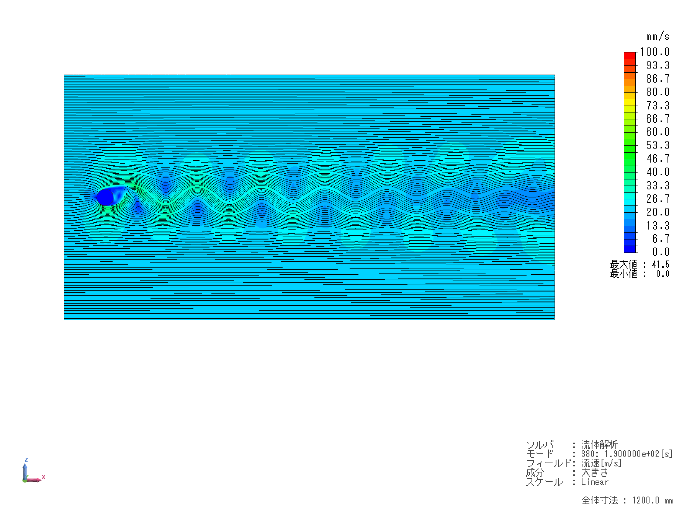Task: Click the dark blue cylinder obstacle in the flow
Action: [105, 197]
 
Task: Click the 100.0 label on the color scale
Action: [655, 52]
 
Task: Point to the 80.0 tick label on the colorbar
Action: [658, 92]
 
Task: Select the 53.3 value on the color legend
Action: [658, 145]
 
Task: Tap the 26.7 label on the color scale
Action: [658, 199]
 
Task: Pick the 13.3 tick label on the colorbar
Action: [658, 225]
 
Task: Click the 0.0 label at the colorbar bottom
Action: [661, 252]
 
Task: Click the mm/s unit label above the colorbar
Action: [658, 36]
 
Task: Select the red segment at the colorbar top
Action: [630, 55]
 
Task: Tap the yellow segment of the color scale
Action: [630, 102]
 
